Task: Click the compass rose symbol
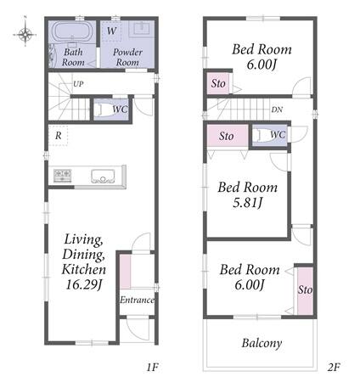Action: point(25,35)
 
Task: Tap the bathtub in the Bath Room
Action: point(73,32)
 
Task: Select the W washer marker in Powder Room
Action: point(111,31)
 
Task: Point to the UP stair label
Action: point(78,84)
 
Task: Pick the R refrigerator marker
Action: point(58,136)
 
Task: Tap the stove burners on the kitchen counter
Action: point(62,175)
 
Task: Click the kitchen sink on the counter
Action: point(103,176)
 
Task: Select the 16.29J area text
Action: point(84,284)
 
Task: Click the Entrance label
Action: point(137,300)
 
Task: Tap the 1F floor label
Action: point(152,368)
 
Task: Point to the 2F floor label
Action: point(334,368)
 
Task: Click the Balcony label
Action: point(262,343)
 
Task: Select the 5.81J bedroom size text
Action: point(248,202)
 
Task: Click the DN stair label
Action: point(277,110)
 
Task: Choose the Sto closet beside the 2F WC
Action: point(228,136)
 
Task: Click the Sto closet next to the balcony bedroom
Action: point(305,290)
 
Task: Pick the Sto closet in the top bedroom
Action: point(218,83)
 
